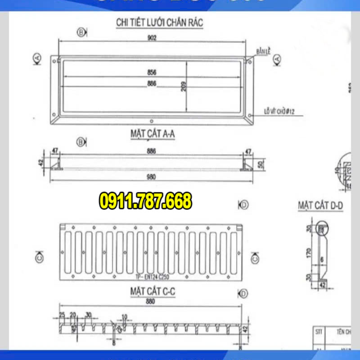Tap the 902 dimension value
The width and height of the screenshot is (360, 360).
(x=151, y=38)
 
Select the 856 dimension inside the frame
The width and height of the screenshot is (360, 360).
(x=151, y=72)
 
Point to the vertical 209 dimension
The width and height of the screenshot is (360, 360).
(x=184, y=86)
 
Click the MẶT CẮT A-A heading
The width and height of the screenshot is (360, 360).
(x=152, y=134)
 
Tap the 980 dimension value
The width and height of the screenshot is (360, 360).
(x=151, y=177)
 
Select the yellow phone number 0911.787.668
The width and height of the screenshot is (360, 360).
(x=145, y=201)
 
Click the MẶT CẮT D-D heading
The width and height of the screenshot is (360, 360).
(x=320, y=206)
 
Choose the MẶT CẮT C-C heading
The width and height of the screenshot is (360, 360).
(x=153, y=292)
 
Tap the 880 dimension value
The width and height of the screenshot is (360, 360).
(x=151, y=302)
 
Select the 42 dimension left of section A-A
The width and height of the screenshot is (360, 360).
(x=40, y=162)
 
